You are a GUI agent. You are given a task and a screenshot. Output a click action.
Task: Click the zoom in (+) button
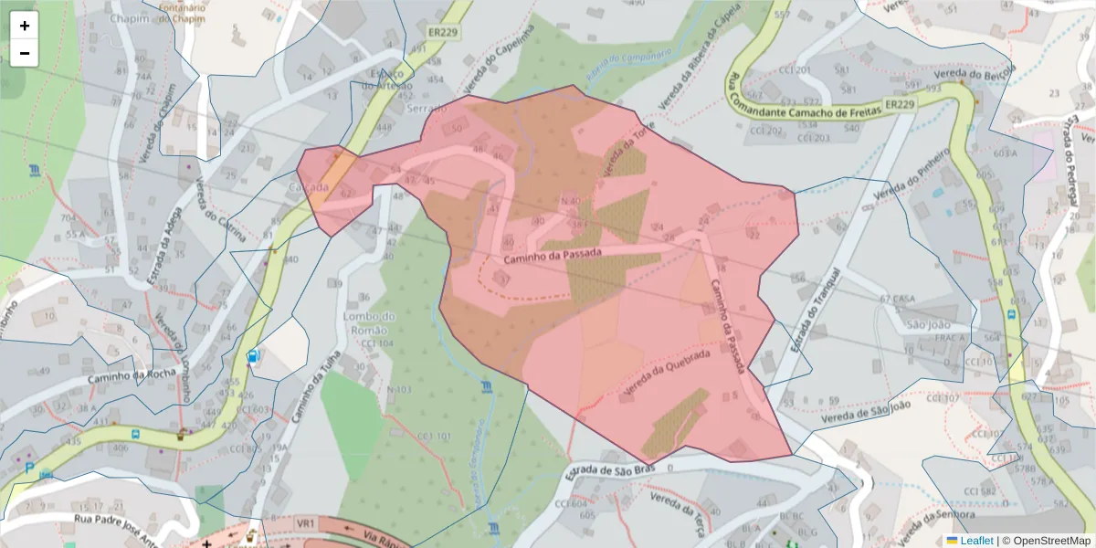(25, 26)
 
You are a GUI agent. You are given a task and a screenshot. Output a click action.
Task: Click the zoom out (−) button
(25, 53)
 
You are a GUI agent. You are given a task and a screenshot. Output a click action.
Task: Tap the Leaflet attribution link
(976, 541)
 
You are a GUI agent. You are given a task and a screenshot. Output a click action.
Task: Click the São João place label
(928, 324)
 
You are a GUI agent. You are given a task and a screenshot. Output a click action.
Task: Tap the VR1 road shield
(305, 522)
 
